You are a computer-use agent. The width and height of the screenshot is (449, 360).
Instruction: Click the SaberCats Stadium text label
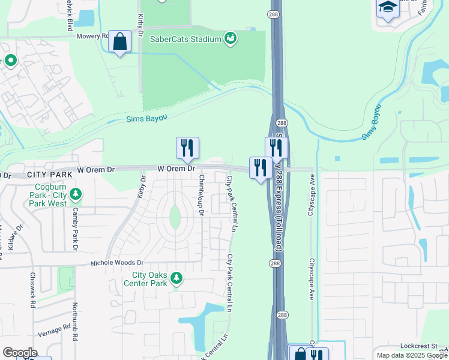coord(187,39)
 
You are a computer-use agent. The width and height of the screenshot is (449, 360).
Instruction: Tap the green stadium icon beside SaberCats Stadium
coord(230,39)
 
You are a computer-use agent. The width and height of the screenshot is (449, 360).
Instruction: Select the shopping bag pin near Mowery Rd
coord(120,42)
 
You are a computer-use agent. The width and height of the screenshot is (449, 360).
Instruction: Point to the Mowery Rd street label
coord(92,36)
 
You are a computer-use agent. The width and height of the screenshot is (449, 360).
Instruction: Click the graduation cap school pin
coord(388,8)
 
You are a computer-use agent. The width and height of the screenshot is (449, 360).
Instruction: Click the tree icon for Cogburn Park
coord(76,194)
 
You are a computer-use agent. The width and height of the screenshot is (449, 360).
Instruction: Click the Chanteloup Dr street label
coord(202,195)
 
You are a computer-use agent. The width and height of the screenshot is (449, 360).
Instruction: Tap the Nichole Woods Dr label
coord(118,263)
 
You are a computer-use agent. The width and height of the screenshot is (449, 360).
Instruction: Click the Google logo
coord(20,353)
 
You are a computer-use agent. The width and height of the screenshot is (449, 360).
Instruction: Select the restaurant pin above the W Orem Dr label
coord(187,148)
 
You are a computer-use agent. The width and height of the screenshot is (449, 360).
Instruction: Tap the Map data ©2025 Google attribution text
coord(412,355)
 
